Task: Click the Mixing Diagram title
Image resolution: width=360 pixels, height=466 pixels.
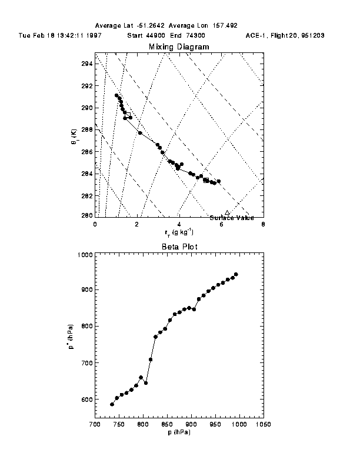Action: (x=179, y=46)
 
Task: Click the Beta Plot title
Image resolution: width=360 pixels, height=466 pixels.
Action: (x=179, y=248)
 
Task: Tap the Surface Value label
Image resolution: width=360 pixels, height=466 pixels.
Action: (x=231, y=218)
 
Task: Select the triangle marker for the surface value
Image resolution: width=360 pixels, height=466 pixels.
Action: (x=228, y=212)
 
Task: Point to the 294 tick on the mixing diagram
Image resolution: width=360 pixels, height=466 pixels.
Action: (x=86, y=64)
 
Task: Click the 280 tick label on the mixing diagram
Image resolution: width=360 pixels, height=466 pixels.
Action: (x=86, y=215)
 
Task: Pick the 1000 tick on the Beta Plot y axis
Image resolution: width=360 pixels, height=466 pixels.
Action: (x=84, y=255)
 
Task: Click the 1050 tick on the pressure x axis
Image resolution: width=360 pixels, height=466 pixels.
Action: (x=262, y=424)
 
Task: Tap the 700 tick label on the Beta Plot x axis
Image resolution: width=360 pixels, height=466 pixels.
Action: (x=94, y=424)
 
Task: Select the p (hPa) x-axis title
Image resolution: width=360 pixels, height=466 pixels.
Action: (x=179, y=432)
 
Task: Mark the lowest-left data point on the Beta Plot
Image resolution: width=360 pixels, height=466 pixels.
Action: (x=112, y=404)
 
